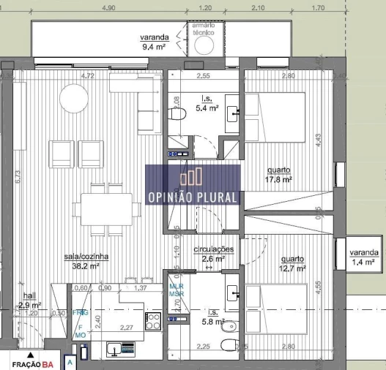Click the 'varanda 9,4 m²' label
tap(155, 43)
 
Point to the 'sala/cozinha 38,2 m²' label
tap(86, 262)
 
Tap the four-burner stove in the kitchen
tap(154, 321)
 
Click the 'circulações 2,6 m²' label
tap(213, 254)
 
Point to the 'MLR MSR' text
tap(177, 289)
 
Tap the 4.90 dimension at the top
tap(108, 8)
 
